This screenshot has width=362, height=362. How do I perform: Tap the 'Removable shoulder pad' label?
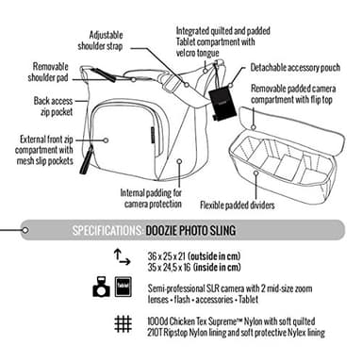click(x=32, y=74)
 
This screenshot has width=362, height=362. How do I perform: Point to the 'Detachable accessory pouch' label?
click(x=300, y=69)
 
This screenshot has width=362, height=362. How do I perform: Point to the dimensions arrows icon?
click(x=121, y=256)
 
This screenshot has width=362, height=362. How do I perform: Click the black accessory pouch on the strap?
click(x=223, y=100)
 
